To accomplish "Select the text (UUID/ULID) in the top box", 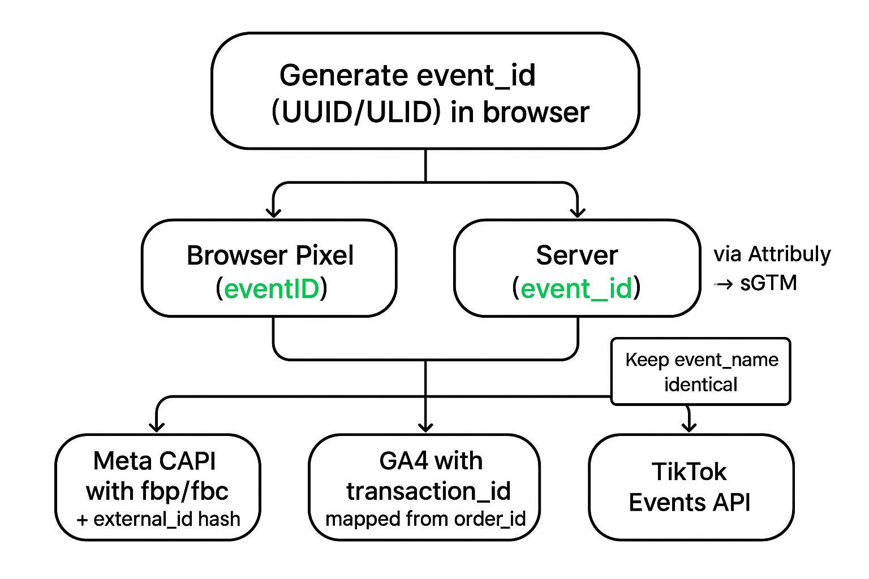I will point(356,112).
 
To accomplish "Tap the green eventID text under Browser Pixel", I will point(272,289).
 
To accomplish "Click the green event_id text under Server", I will point(576,289).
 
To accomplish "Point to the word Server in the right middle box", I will point(577,256).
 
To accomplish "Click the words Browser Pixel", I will point(270,256).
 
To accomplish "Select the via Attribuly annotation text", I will point(772,254).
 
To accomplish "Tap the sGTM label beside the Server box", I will point(768,283).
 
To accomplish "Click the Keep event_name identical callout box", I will point(700,371).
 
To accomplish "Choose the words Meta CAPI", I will point(154,461).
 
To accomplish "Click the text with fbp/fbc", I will point(157,490).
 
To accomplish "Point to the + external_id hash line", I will point(158,519).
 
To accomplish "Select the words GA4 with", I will point(431,461).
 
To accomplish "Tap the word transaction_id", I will point(428,490).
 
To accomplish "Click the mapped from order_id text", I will point(425,519).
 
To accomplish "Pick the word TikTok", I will point(689,472).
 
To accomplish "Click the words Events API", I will point(689,502).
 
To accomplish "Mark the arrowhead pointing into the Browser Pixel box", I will point(274,213).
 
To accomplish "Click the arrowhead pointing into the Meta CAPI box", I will point(157,427).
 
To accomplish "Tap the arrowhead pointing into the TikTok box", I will point(689,426).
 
